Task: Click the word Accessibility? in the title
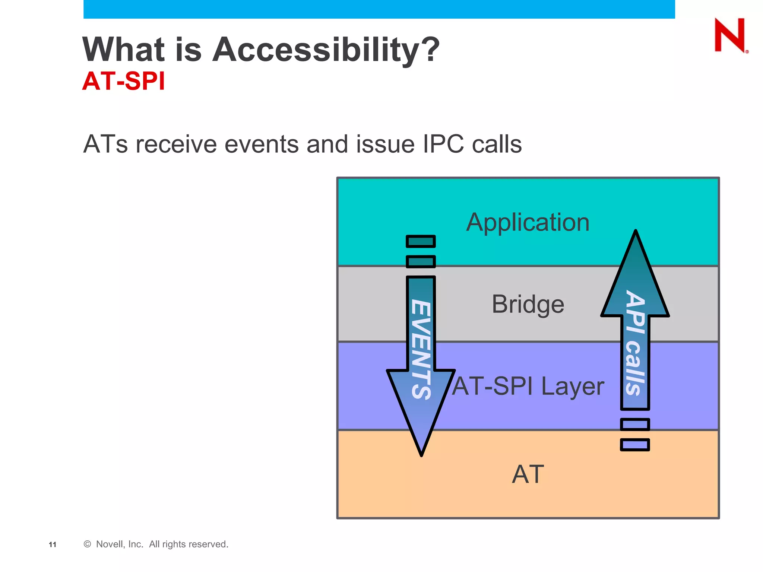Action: click(326, 50)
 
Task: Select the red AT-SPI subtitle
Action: click(123, 81)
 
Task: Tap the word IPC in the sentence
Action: click(443, 144)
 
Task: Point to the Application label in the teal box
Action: click(528, 222)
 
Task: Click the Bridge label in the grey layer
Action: click(528, 304)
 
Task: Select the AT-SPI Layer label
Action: click(528, 386)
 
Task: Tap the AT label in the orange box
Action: click(528, 474)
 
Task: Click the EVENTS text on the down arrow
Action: click(421, 349)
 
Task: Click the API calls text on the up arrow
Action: click(635, 343)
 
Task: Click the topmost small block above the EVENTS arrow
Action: click(421, 241)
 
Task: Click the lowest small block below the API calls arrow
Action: click(635, 445)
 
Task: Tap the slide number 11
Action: click(53, 544)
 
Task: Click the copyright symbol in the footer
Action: click(87, 544)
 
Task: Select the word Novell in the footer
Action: click(110, 544)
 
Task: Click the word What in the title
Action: click(123, 50)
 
